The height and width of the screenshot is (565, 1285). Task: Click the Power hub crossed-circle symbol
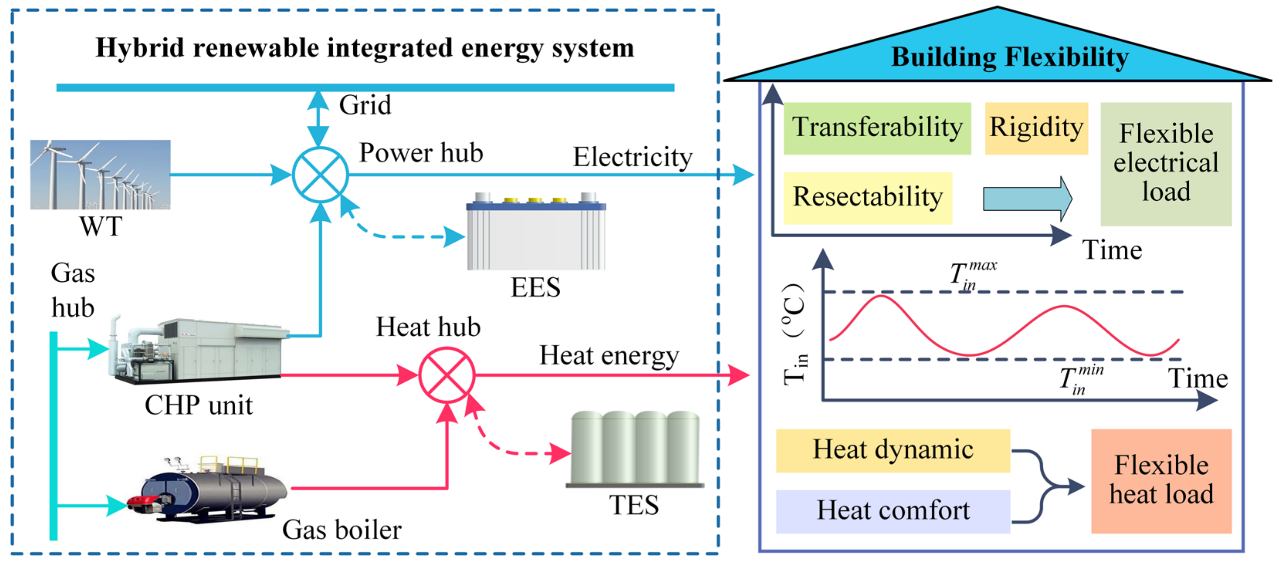(x=320, y=174)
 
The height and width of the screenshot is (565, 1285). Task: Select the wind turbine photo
(x=100, y=174)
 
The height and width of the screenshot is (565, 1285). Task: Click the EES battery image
(x=536, y=232)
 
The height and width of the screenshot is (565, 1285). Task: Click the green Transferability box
(x=877, y=128)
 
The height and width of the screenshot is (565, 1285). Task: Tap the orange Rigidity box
(x=1036, y=128)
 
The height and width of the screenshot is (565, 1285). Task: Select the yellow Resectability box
(x=868, y=198)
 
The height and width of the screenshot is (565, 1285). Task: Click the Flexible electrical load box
(x=1166, y=164)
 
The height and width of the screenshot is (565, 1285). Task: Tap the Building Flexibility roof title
(x=1010, y=57)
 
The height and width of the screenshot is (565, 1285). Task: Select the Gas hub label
(x=73, y=290)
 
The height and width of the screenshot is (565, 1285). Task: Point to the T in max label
(x=972, y=274)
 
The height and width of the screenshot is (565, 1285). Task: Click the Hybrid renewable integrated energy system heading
(x=364, y=48)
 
